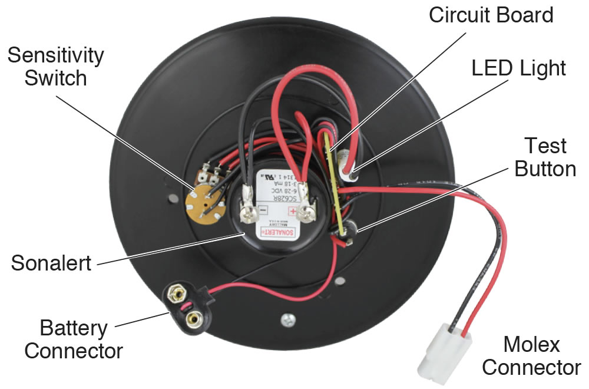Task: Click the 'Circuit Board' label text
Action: pos(491,14)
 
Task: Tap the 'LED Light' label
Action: pos(518,68)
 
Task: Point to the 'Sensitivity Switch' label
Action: pos(55,66)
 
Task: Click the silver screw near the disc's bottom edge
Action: pos(287,319)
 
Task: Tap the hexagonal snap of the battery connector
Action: pos(176,291)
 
